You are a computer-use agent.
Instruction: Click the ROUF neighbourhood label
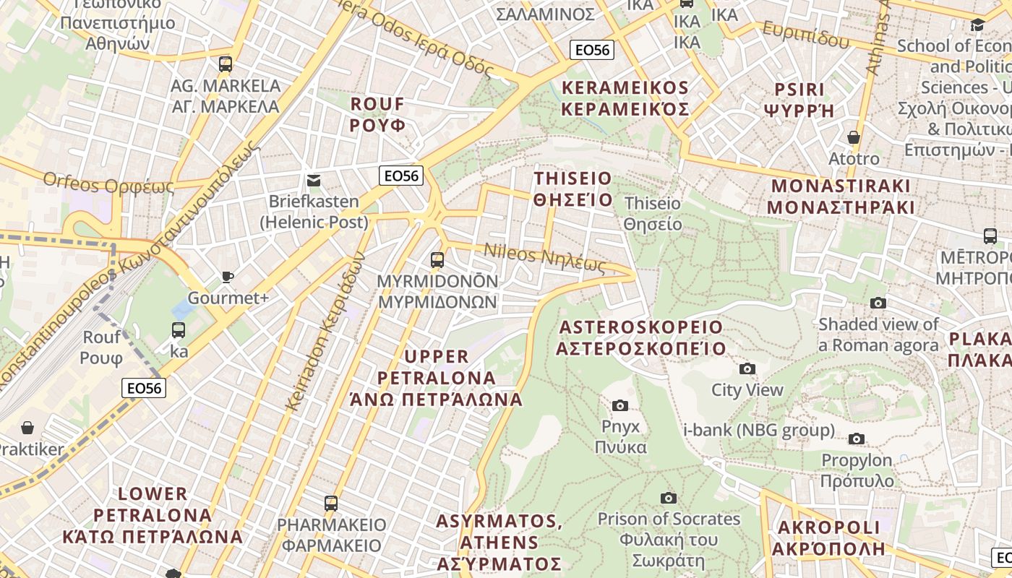[x=377, y=114]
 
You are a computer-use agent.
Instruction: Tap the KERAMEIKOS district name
[x=625, y=99]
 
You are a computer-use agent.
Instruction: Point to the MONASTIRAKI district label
[x=841, y=197]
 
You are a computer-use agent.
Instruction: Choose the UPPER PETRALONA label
[x=437, y=377]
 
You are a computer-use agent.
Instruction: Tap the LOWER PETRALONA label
[x=153, y=515]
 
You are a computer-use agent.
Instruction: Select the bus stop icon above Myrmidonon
[x=437, y=259]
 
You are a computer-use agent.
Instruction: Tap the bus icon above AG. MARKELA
[x=226, y=64]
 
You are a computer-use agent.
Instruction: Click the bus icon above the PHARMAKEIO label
[x=331, y=503]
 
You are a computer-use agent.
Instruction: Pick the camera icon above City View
[x=747, y=369]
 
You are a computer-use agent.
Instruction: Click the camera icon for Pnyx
[x=620, y=405]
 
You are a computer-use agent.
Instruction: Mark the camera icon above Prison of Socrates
[x=669, y=498]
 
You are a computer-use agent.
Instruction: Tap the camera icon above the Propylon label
[x=857, y=439]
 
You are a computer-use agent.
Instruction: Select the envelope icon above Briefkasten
[x=314, y=180]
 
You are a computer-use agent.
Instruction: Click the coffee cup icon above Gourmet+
[x=228, y=277]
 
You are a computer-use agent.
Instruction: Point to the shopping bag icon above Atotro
[x=854, y=137]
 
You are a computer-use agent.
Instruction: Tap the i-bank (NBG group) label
[x=759, y=431]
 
